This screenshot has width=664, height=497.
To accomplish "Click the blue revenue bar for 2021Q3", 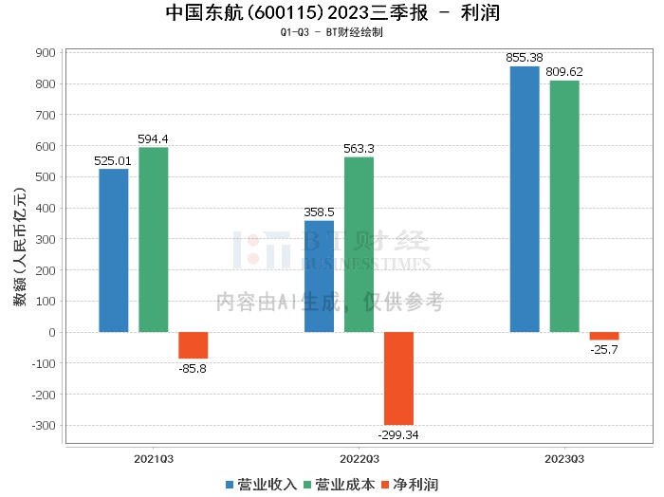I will coord(114,250).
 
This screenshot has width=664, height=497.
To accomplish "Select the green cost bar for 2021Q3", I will coord(154,240).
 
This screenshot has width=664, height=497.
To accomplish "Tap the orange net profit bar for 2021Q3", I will coord(194,345).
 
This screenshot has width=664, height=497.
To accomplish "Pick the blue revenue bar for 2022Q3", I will coord(319,277).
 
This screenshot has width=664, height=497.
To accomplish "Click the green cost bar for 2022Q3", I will coord(359,245).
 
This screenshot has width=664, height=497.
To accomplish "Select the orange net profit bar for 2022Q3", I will coord(398,378).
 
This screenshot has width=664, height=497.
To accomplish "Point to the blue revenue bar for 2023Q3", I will coord(525,199).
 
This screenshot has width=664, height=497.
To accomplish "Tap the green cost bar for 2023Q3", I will coord(564,207).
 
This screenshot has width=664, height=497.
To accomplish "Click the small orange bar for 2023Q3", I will coord(604,336).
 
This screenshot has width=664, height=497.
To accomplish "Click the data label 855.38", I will coord(525,58).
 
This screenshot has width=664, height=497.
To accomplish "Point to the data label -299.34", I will coord(398,434).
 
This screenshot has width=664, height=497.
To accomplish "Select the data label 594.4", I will coord(153,138).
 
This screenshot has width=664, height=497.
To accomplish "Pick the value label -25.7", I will coord(604,350).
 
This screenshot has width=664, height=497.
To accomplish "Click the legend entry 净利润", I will coord(409,485).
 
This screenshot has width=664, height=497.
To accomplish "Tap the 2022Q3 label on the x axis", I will coord(359,457).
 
